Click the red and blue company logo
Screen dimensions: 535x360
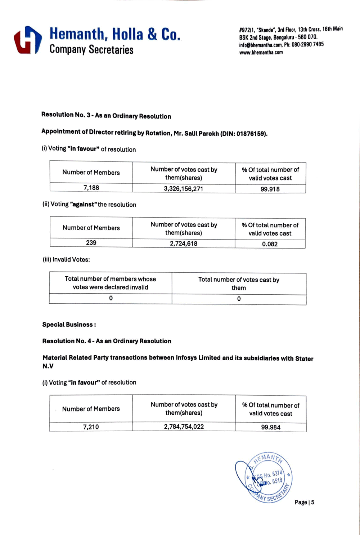(x=28, y=40)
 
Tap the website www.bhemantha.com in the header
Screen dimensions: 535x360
(x=261, y=53)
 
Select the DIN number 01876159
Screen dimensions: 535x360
(x=251, y=134)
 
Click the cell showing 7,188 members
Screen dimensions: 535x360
(x=91, y=188)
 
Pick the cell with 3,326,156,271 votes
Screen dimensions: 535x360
(x=184, y=188)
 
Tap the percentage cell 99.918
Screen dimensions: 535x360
(x=270, y=189)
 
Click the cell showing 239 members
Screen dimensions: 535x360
(x=91, y=243)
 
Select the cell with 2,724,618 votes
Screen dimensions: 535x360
(x=184, y=244)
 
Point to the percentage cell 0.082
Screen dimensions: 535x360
(x=270, y=244)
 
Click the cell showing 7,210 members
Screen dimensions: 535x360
(x=91, y=427)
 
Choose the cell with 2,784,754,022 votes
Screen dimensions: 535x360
(x=184, y=427)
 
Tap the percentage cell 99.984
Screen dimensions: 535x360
(x=271, y=427)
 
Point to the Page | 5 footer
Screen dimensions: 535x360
(x=304, y=502)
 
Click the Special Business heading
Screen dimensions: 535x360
(x=69, y=325)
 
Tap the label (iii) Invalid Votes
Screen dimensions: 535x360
(x=66, y=259)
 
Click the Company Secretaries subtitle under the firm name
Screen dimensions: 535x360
(x=91, y=49)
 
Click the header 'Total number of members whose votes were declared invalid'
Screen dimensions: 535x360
(x=111, y=283)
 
